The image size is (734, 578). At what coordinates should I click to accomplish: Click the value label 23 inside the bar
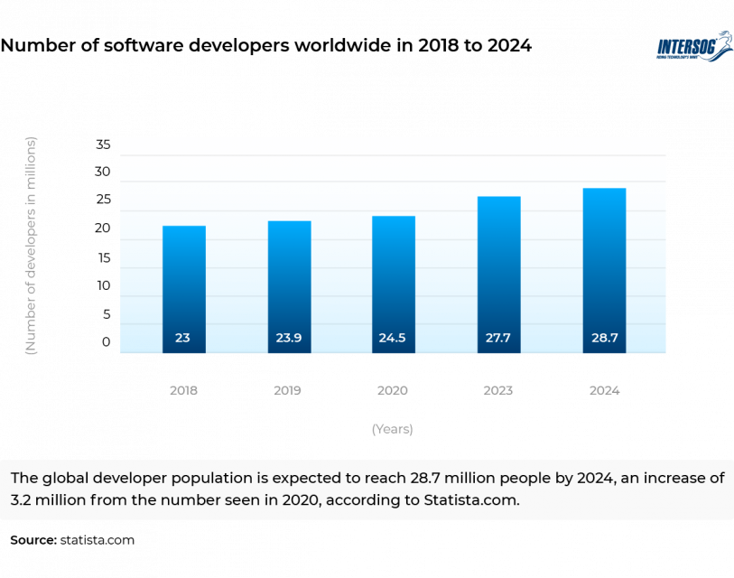[x=183, y=338]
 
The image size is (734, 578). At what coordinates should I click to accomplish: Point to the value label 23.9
[x=289, y=338]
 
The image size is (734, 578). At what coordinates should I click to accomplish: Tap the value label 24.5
[x=394, y=338]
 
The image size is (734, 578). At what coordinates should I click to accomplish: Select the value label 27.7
[x=498, y=338]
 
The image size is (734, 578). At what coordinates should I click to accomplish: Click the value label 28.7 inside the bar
[x=604, y=338]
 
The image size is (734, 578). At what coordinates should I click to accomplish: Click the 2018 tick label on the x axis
[x=183, y=391]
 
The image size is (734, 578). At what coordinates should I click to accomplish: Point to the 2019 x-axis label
[x=288, y=391]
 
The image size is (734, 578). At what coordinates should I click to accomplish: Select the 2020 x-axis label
[x=393, y=391]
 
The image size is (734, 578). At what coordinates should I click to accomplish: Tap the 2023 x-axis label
[x=498, y=391]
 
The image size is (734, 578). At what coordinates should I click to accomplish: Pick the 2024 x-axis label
[x=604, y=391]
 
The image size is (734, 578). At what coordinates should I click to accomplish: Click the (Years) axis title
[x=392, y=430]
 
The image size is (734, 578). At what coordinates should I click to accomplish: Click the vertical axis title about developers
[x=31, y=246]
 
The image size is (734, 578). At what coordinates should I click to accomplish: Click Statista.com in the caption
[x=471, y=500]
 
